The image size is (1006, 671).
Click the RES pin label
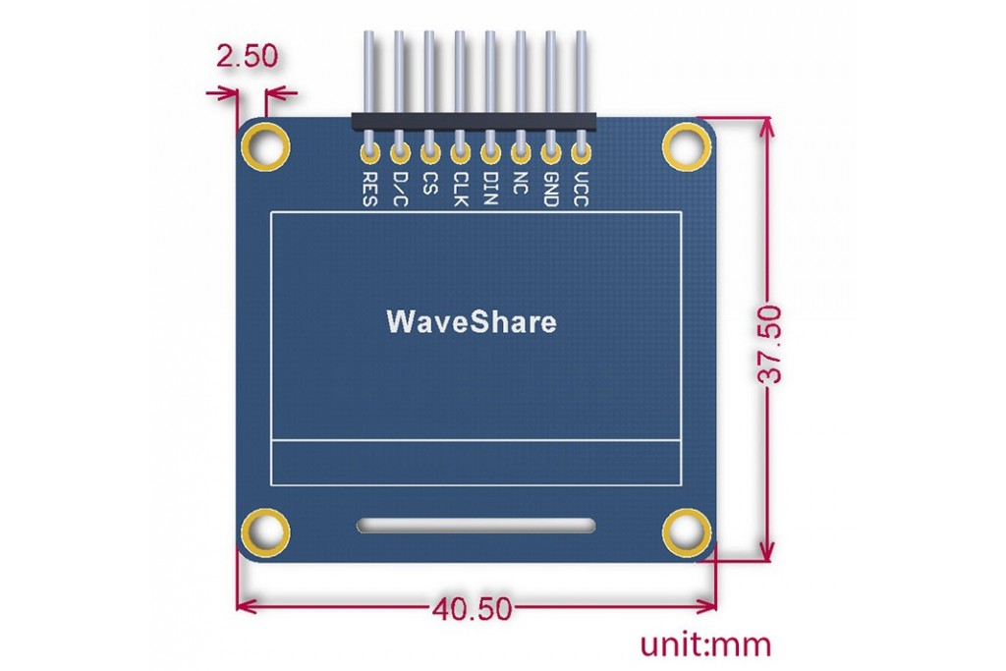pos(369,189)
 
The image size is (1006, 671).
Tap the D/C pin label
pos(400,189)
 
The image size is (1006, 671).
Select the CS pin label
pos(430,183)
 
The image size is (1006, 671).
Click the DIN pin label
pos(490,188)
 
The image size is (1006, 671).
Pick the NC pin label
pos(521,183)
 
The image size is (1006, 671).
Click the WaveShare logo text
pos(472,321)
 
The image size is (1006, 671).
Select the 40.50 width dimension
pos(473,608)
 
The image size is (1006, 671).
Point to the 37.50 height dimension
pos(770,345)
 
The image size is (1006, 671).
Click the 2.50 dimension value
pos(247,56)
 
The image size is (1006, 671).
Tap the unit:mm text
pos(705,644)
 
